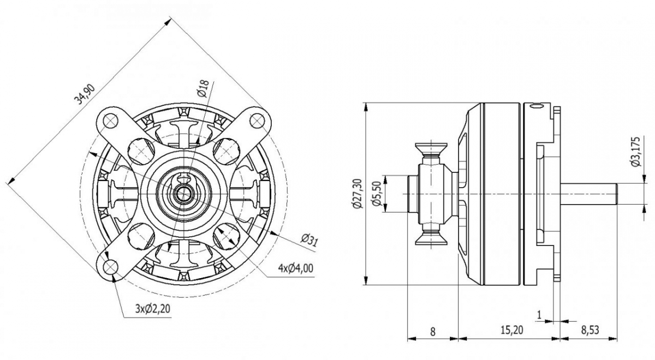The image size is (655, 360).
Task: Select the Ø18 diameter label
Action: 203,88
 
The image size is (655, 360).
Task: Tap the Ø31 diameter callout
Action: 309,239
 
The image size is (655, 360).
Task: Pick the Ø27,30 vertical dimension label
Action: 358,194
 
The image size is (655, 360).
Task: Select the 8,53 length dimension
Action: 589,331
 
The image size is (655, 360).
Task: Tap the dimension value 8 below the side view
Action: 433,331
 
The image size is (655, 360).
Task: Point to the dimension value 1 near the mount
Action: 540,314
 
